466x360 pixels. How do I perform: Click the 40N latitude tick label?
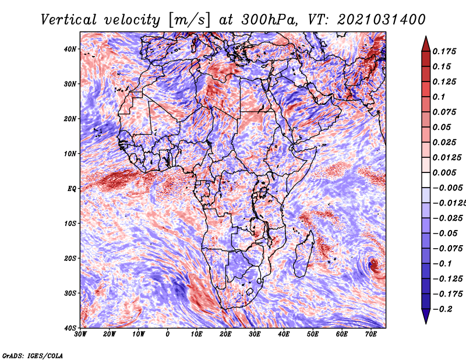click(x=71, y=49)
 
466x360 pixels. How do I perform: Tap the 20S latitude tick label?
click(x=71, y=258)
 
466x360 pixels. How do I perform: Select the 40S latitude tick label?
click(x=71, y=328)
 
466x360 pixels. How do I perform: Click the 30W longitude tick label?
click(x=80, y=334)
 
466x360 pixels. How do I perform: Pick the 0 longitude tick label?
click(x=168, y=334)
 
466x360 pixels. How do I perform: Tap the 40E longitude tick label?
click(x=284, y=334)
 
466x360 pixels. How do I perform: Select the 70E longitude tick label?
click(x=371, y=334)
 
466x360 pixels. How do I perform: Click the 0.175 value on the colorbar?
click(x=444, y=51)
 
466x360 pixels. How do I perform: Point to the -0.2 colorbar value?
click(x=442, y=309)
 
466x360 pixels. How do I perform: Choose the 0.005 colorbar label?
click(x=444, y=172)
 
